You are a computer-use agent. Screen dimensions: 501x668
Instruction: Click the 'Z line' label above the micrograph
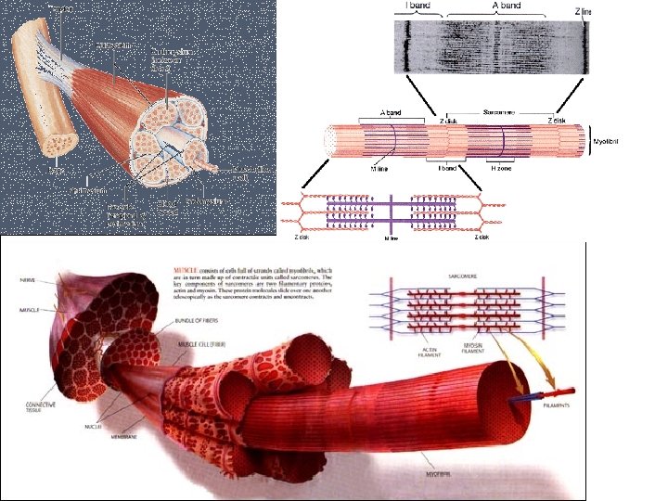click(583, 9)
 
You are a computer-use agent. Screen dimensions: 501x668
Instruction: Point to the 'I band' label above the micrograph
click(417, 6)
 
